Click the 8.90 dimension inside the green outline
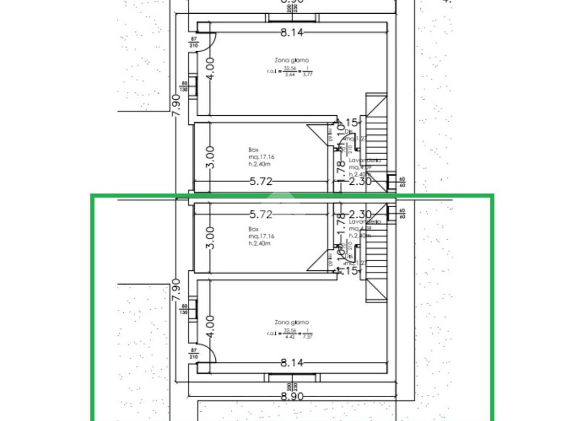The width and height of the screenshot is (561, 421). [x=291, y=396]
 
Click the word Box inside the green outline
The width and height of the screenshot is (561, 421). [x=253, y=229]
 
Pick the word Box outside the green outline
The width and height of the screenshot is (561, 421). [x=253, y=149]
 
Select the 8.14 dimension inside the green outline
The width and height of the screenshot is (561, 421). [x=291, y=362]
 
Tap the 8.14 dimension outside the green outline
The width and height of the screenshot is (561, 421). [x=291, y=32]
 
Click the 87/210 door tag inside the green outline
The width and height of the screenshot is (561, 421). [x=193, y=353]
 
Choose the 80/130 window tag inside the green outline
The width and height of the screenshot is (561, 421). [x=185, y=310]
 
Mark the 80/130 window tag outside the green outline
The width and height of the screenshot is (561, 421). [x=185, y=87]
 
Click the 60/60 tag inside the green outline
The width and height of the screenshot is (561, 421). [x=402, y=213]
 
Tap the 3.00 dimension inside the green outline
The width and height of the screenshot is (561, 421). [x=212, y=238]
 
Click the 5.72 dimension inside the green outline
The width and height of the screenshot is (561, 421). [x=261, y=214]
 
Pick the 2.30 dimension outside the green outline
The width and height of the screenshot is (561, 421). [x=360, y=181]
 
